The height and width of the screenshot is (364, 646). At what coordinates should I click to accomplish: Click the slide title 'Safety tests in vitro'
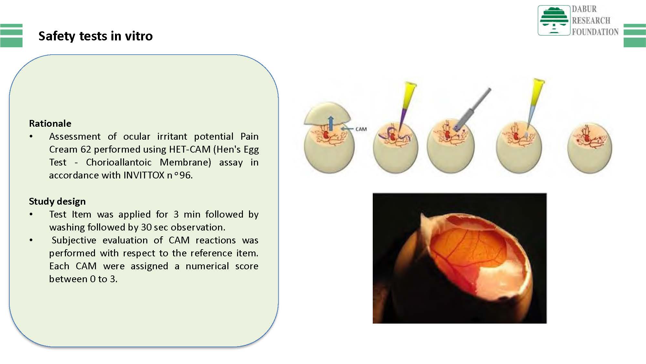coord(96,36)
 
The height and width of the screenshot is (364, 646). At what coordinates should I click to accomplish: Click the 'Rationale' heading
coord(50,123)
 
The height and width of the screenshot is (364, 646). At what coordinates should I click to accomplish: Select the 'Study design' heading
coord(57,201)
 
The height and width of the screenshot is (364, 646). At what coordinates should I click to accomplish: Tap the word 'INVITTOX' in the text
coord(144,175)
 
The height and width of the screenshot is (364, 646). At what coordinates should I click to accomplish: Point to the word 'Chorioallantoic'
coord(119,162)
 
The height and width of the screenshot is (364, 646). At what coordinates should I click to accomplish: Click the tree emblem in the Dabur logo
coord(554,20)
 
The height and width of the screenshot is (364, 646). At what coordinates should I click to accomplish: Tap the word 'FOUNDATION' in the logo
coord(595,32)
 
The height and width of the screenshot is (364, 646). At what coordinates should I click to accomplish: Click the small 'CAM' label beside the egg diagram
coord(361,129)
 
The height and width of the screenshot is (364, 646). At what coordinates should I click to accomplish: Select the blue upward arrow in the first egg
coord(331,123)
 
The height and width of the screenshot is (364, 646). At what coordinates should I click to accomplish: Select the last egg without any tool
coord(590,148)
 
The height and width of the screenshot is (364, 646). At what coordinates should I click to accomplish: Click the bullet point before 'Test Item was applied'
coord(31,214)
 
